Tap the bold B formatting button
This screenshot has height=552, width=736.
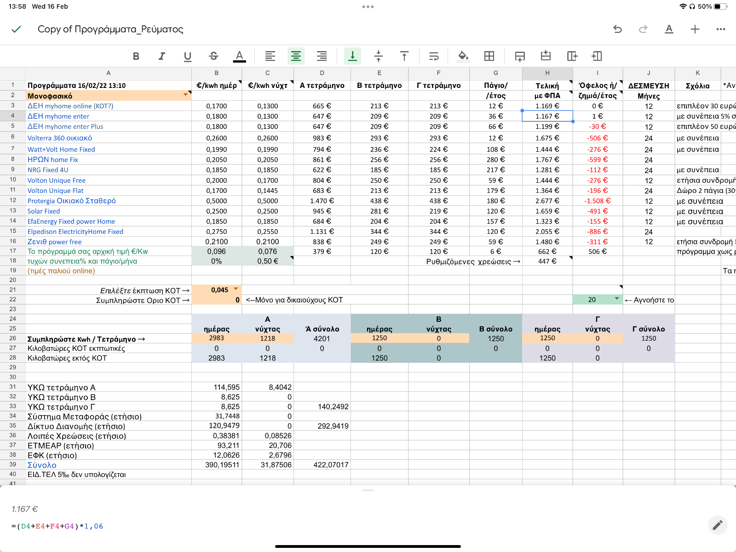[x=136, y=56]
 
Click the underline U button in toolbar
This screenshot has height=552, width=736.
[x=187, y=56]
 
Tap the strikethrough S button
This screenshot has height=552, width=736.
[x=213, y=56]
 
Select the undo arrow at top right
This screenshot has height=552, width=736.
[x=617, y=29]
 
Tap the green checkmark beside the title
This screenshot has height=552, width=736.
[x=16, y=29]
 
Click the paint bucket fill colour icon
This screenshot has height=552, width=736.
[x=463, y=56]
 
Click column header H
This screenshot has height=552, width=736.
[x=547, y=73]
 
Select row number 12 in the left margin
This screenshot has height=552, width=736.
[x=13, y=200]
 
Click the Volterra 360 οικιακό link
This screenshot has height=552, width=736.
[x=60, y=138]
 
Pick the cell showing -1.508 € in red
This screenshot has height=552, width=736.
[x=597, y=201]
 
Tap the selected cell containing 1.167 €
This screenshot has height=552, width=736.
[x=547, y=116]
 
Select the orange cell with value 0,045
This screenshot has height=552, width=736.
[x=217, y=290]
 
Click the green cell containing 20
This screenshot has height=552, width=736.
[x=597, y=299]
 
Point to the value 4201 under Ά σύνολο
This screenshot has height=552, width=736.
[x=322, y=338]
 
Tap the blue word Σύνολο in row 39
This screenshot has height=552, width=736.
[x=42, y=465]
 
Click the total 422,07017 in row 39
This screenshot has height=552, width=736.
[x=331, y=465]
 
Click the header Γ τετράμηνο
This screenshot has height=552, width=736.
[x=438, y=85]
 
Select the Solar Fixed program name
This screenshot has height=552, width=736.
[x=44, y=211]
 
